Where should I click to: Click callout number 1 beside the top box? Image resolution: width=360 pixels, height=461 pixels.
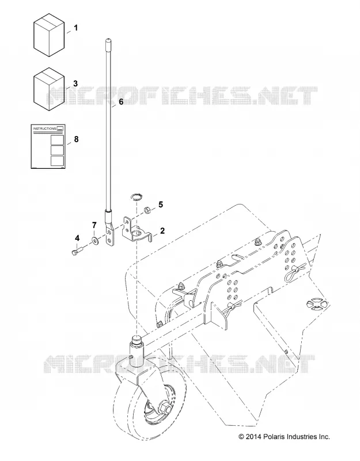pos(76,28)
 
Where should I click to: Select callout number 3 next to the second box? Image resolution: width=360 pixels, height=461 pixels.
pos(75,84)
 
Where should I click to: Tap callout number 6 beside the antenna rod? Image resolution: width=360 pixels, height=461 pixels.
pos(121,102)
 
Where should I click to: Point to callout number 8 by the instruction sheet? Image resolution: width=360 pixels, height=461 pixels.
pos(77,139)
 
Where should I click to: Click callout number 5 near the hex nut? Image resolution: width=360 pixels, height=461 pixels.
pos(161,205)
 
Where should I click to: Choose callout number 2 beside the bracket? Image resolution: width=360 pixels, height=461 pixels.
pos(162,231)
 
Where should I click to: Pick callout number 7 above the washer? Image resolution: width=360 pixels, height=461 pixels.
pos(94,225)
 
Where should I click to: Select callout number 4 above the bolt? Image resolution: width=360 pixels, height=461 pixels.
pos(77,237)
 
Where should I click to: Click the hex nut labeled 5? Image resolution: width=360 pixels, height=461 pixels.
pos(147,210)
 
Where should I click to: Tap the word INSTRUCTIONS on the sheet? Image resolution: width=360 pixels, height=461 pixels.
pos(44,129)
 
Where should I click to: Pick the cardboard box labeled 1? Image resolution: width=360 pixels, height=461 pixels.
pos(49,35)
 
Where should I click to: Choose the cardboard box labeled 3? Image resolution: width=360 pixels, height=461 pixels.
pos(49,89)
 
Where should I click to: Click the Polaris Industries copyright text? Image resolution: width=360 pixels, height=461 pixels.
pos(284,437)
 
